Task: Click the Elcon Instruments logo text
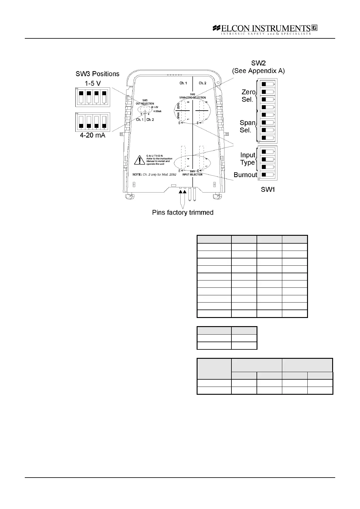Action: pyautogui.click(x=265, y=28)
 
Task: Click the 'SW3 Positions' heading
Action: pyautogui.click(x=97, y=74)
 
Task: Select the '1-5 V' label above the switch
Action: pyautogui.click(x=93, y=83)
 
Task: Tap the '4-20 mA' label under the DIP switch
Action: pyautogui.click(x=93, y=135)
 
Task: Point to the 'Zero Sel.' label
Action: pyautogui.click(x=248, y=96)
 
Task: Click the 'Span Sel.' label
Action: pyautogui.click(x=247, y=126)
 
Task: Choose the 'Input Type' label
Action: pyautogui.click(x=248, y=159)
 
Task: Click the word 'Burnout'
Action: pyautogui.click(x=245, y=175)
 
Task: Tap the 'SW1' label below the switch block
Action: pyautogui.click(x=268, y=190)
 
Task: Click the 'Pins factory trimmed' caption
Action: pyautogui.click(x=183, y=212)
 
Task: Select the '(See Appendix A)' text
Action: pyautogui.click(x=258, y=71)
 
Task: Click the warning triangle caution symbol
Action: pyautogui.click(x=139, y=160)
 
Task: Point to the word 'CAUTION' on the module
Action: pyautogui.click(x=155, y=156)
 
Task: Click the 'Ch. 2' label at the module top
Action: pyautogui.click(x=202, y=83)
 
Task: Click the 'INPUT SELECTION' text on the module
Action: pyautogui.click(x=192, y=175)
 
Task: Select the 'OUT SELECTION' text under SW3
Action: pyautogui.click(x=145, y=104)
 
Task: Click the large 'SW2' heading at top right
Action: pyautogui.click(x=258, y=63)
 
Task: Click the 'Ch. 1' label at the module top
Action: pyautogui.click(x=183, y=83)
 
